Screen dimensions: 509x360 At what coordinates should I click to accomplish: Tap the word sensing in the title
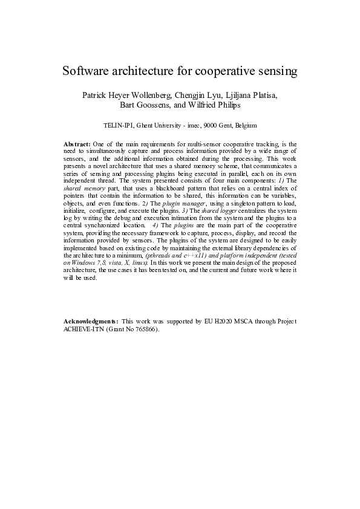(276, 71)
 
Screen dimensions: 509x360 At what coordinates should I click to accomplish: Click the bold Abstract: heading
(77, 143)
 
